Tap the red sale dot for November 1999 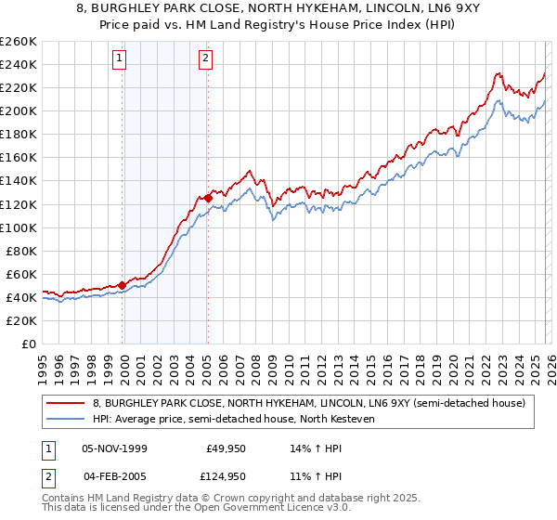tap(122, 285)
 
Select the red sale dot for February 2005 tap(208, 198)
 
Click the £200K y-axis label tap(19, 110)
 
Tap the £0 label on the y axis tap(29, 344)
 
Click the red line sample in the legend tap(67, 403)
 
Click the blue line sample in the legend tap(67, 419)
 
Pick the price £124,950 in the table tap(226, 475)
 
